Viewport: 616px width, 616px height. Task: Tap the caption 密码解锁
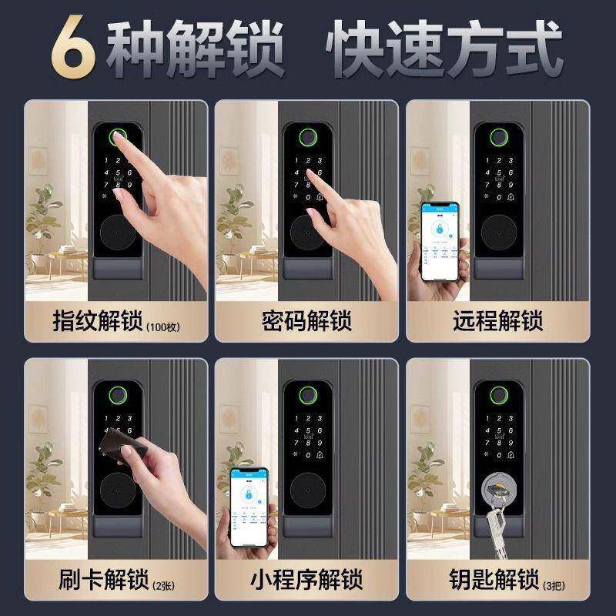pyautogui.click(x=306, y=320)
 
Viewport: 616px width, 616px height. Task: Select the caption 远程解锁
pyautogui.click(x=497, y=320)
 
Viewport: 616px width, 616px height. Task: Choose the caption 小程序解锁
pyautogui.click(x=306, y=579)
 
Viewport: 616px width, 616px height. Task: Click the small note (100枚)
pyautogui.click(x=162, y=326)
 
